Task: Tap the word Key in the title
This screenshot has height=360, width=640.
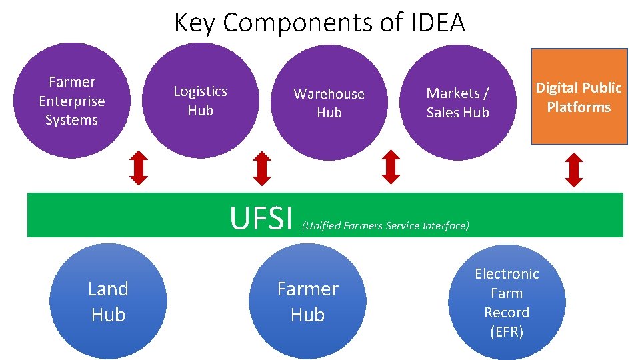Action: (x=195, y=23)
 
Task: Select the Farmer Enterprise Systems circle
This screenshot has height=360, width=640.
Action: (x=71, y=101)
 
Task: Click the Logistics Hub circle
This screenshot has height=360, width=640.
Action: (x=200, y=101)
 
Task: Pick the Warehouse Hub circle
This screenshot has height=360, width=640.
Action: (x=329, y=103)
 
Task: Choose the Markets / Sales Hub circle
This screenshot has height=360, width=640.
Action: (x=457, y=103)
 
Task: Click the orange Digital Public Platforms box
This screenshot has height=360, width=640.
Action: (x=579, y=97)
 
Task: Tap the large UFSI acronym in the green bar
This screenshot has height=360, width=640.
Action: (x=261, y=218)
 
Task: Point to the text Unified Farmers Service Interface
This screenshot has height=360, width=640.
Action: (x=386, y=226)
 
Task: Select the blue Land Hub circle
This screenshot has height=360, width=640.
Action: (x=108, y=301)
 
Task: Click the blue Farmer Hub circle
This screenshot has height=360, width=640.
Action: (x=307, y=301)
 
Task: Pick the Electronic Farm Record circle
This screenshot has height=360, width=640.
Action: (x=507, y=302)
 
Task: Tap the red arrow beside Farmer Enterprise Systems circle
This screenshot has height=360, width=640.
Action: (x=138, y=167)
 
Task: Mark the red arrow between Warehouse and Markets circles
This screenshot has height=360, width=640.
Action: (x=391, y=167)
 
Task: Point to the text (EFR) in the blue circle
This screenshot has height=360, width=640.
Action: (x=507, y=331)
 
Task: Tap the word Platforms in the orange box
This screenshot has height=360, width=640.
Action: (x=579, y=107)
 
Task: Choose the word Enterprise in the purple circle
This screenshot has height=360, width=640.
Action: (x=71, y=101)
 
